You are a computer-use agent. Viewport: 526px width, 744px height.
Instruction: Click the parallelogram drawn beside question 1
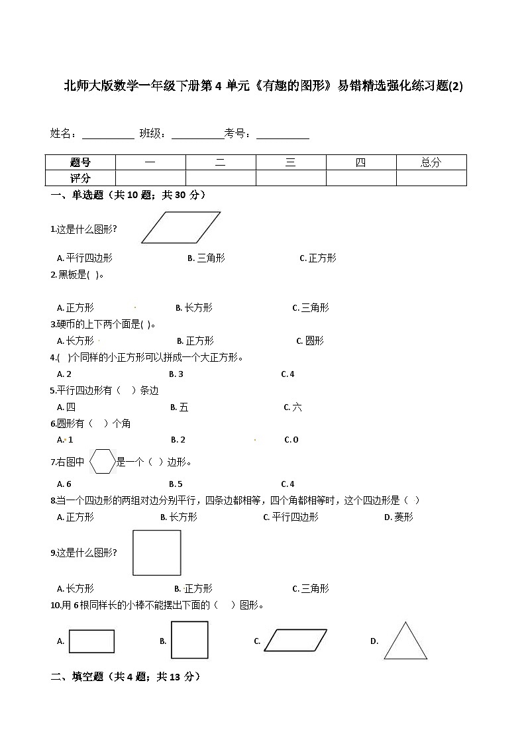click(x=181, y=228)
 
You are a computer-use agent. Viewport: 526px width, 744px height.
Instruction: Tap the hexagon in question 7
click(x=103, y=462)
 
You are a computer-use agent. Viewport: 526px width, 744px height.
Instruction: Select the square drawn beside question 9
click(x=157, y=553)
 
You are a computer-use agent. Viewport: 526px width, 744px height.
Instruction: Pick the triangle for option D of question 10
click(x=405, y=641)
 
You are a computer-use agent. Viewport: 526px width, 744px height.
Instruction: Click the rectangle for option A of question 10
click(x=91, y=641)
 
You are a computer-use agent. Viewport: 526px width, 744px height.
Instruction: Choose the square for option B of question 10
click(x=189, y=640)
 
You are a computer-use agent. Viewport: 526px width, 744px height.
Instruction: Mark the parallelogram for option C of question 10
click(x=295, y=641)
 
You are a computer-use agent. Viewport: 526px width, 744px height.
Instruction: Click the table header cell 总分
click(x=431, y=162)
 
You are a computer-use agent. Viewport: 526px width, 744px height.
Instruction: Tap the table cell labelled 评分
click(x=80, y=178)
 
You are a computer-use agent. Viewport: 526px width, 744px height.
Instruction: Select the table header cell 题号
click(x=80, y=162)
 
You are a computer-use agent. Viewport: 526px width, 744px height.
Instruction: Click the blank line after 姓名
click(x=107, y=134)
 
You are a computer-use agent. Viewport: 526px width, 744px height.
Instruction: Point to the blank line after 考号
click(x=283, y=134)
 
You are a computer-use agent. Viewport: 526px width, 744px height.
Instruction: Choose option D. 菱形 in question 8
click(x=399, y=517)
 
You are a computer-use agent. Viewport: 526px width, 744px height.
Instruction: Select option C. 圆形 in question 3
click(x=310, y=341)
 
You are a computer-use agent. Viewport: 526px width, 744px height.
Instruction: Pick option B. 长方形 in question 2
click(x=194, y=307)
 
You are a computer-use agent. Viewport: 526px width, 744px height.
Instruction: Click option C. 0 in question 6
click(x=291, y=439)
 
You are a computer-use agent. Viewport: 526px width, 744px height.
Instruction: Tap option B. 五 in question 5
click(x=180, y=407)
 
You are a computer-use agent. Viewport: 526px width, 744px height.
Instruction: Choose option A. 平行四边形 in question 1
click(x=85, y=258)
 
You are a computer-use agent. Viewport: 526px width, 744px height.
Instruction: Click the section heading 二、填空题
click(x=126, y=676)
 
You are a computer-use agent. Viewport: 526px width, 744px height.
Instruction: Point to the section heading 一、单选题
click(x=129, y=195)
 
